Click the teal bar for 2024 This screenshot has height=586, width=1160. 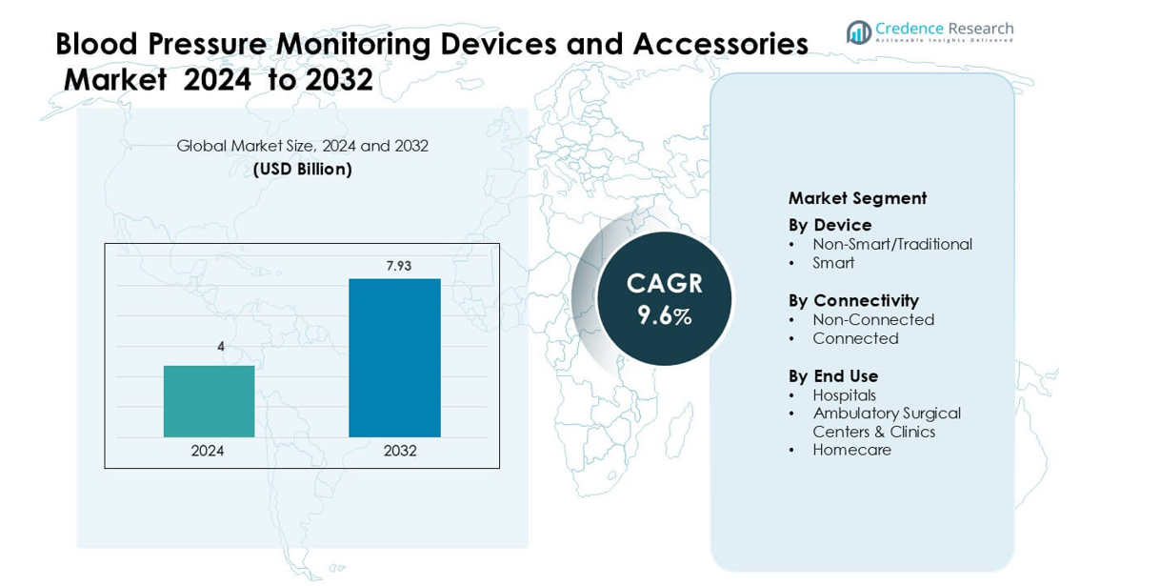[209, 401]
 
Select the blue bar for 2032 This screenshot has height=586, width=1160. [394, 357]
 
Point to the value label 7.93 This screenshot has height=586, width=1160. [398, 266]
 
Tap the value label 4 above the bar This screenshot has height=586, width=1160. [221, 347]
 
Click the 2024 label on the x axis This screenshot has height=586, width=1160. [208, 451]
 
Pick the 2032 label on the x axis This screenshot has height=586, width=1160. [400, 451]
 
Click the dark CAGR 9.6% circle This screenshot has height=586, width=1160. [664, 299]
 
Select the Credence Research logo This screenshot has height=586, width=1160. [930, 31]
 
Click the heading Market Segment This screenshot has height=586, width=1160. [857, 198]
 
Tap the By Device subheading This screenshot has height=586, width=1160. [830, 225]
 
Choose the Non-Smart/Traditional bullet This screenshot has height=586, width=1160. [891, 244]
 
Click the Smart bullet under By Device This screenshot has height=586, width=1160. [833, 263]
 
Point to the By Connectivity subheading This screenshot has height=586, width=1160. [853, 301]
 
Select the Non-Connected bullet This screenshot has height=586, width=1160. [872, 320]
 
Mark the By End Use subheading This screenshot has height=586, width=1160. [833, 376]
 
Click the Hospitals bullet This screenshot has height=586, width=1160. [844, 395]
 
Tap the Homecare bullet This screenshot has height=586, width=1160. [851, 450]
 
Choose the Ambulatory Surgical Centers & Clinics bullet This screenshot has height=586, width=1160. [886, 422]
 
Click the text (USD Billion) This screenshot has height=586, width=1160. [302, 170]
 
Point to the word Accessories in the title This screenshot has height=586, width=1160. [720, 44]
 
